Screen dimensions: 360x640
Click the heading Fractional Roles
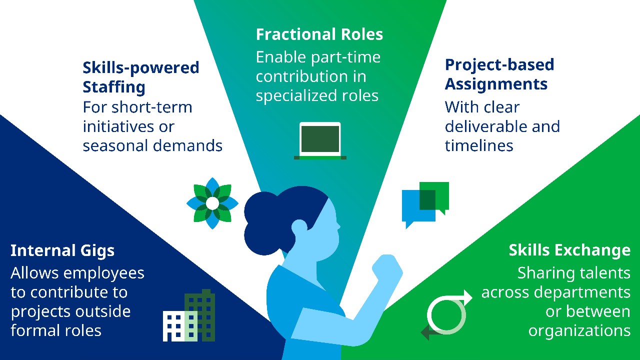[319, 34]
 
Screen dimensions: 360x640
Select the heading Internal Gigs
[62, 250]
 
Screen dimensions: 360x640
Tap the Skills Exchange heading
[569, 250]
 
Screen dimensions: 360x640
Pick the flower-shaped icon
[212, 203]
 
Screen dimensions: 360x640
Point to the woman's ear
[299, 227]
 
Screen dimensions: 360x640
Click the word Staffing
[114, 87]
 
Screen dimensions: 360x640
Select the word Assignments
[496, 84]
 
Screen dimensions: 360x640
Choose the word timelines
[479, 145]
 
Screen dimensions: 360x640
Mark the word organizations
[579, 330]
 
